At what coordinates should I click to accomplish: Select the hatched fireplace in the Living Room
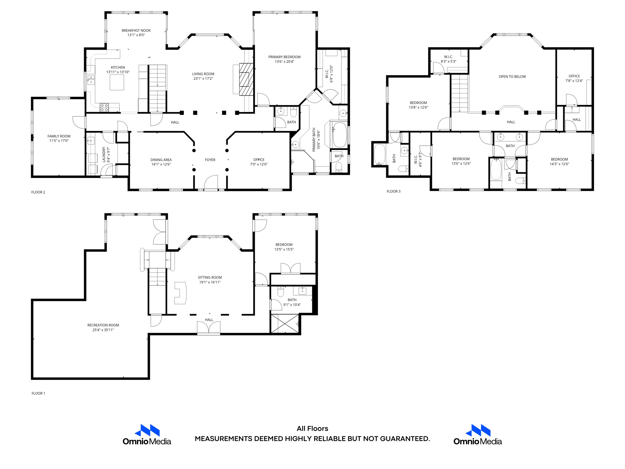246,79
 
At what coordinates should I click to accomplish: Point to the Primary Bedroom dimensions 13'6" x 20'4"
284,62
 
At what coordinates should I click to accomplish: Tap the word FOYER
210,160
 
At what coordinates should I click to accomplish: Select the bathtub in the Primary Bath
340,135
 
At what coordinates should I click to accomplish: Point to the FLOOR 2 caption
38,192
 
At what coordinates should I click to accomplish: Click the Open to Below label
512,77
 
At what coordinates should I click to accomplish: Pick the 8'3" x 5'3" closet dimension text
448,62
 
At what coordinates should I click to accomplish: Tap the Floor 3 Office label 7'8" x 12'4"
574,78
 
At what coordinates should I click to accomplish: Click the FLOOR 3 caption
393,191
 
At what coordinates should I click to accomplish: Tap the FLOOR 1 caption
38,393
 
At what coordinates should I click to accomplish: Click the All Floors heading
312,428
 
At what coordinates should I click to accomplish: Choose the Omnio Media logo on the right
478,434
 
